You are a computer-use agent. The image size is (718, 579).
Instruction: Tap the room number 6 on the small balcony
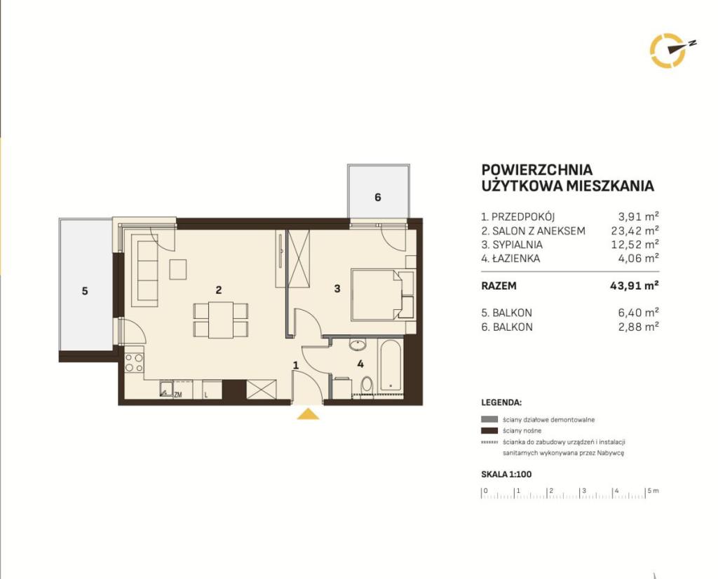pos(378,197)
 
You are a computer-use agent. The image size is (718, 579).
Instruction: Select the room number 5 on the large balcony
pos(85,291)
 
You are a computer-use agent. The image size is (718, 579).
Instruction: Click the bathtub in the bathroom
pos(390,366)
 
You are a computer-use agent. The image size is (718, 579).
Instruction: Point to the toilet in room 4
pos(366,385)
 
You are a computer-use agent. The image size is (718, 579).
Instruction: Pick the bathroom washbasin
pos(357,343)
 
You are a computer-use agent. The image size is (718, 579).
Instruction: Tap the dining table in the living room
pos(221,320)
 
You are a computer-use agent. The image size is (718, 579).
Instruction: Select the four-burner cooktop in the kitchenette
pos(134,362)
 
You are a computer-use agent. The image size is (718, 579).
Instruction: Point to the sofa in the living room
pos(144,270)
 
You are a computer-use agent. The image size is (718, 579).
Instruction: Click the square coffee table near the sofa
pos(177,269)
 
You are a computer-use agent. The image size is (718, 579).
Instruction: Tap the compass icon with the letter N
pos(670,50)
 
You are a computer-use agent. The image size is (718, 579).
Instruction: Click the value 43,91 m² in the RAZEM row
pos(634,286)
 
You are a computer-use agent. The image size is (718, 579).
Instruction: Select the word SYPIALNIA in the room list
pos(517,245)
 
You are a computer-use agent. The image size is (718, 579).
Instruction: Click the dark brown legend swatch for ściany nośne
pos(489,430)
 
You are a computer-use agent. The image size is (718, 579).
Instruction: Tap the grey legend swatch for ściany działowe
pos(489,419)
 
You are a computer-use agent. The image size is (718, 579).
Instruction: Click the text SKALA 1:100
pos(506,474)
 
